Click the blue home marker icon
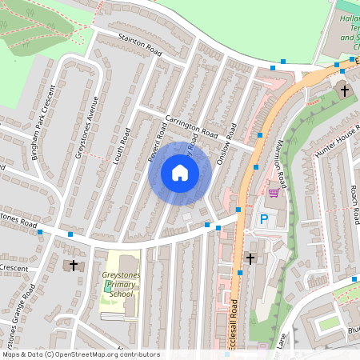[180, 171]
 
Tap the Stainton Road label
[140, 48]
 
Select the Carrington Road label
[192, 127]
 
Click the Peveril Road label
[154, 146]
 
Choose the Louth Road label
[124, 146]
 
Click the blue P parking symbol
[263, 218]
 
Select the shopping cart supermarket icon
[274, 192]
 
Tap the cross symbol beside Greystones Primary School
[74, 264]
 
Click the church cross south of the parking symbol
[250, 258]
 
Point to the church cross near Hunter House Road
[345, 90]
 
